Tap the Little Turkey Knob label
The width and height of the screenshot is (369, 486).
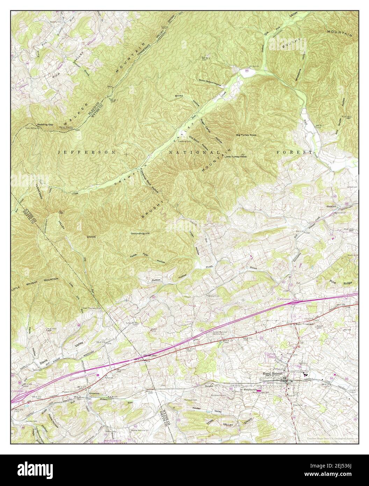point(236,157)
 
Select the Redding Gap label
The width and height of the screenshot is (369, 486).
point(45,124)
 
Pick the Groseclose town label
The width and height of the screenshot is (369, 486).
point(95,393)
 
